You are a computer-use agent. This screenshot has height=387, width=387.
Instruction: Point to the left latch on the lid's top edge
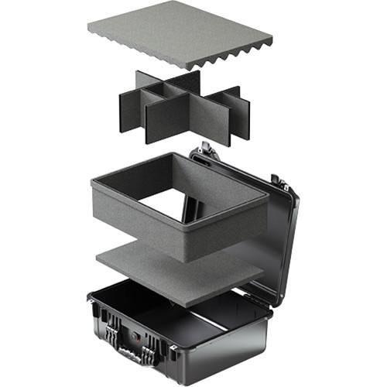point(205,149)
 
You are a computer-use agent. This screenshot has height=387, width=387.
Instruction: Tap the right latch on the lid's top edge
point(279,183)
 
